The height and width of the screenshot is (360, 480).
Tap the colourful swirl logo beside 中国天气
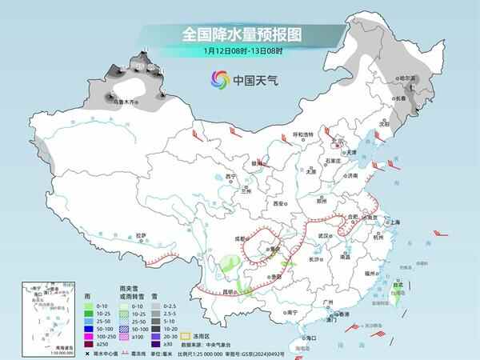coord(218,79)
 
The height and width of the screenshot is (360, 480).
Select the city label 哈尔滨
coord(409,78)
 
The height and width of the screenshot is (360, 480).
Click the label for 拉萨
coord(142,234)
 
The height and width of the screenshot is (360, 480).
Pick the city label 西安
coord(279,204)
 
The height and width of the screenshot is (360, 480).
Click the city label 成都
coord(239,238)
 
